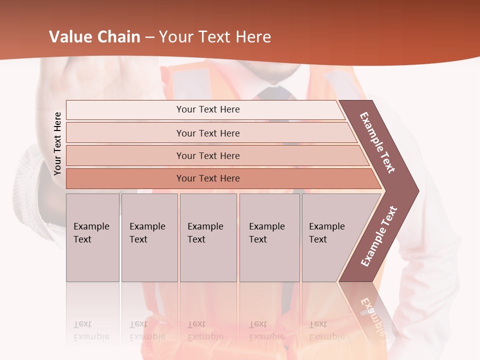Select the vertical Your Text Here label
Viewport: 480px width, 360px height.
point(57,144)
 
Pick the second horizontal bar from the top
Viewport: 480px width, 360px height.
point(208,133)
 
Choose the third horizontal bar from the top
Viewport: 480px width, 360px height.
point(208,155)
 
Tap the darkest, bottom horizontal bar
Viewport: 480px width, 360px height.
point(208,178)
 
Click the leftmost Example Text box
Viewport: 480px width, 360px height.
point(92,237)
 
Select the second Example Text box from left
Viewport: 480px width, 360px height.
point(149,237)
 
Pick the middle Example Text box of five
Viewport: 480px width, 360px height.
point(208,237)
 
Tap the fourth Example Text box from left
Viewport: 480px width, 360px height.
point(269,237)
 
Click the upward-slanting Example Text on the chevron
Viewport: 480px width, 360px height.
point(379,236)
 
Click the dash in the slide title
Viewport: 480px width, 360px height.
point(149,37)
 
